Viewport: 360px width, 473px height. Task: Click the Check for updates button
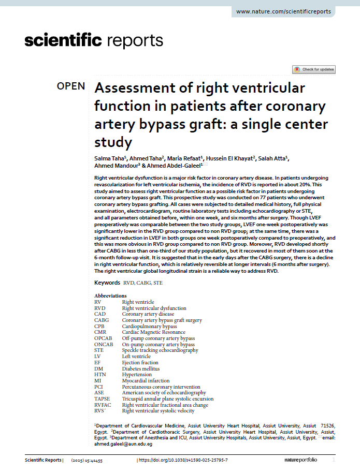[314, 69]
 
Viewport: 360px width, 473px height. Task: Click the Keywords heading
[107, 283]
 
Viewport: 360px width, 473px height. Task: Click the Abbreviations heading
[110, 295]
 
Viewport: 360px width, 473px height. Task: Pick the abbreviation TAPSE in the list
[102, 399]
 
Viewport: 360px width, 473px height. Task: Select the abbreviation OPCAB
[103, 338]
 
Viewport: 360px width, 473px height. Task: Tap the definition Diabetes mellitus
[141, 368]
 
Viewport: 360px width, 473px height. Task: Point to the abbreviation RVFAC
[103, 405]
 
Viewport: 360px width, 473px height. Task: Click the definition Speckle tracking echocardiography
[160, 350]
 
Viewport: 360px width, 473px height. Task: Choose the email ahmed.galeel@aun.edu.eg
[123, 444]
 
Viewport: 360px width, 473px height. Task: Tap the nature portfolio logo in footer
[307, 460]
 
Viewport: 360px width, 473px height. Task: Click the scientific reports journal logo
[94, 40]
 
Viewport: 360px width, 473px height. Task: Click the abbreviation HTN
[100, 375]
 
